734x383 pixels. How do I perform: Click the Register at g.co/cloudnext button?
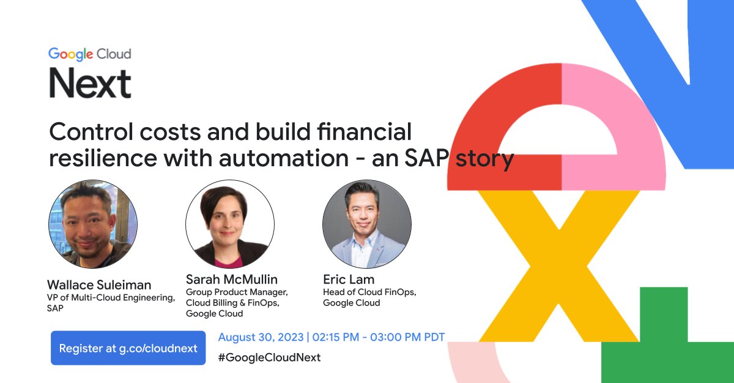pos(128,348)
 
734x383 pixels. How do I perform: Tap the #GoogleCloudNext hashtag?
pos(269,357)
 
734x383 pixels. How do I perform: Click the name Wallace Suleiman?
pos(99,285)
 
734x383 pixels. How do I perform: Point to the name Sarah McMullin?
pos(231,280)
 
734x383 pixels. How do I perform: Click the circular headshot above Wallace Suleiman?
pos(93,224)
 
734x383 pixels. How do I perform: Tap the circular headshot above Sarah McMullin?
pos(230,224)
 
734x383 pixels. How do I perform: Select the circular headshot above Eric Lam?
pos(367,224)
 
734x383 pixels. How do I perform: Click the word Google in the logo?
pos(70,54)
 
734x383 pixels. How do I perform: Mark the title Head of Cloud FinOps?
pos(369,293)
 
